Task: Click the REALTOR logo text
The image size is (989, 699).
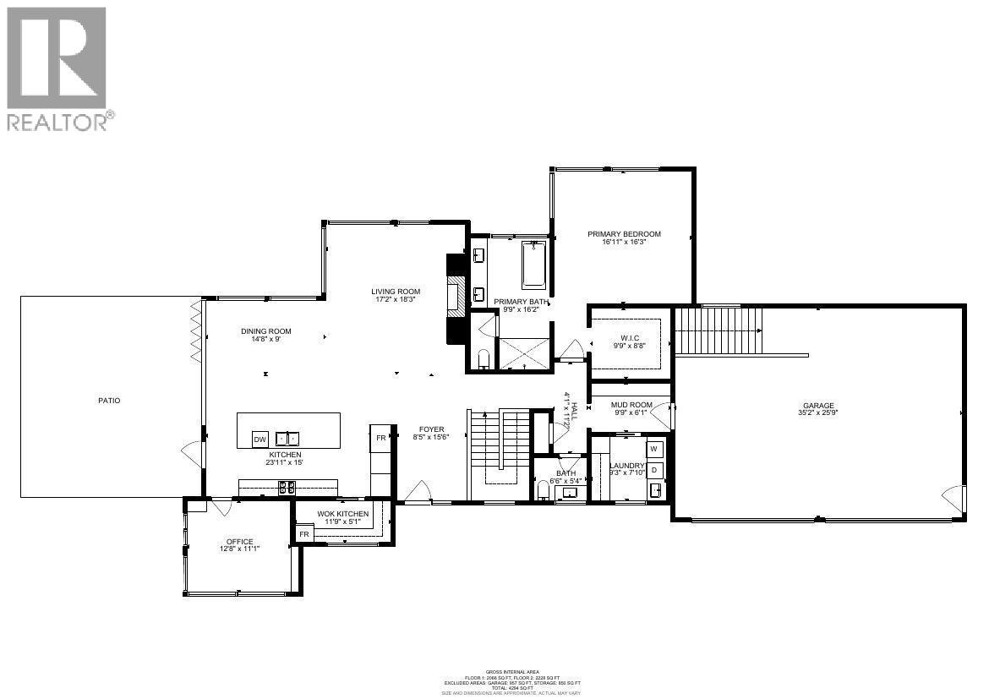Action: tap(57, 122)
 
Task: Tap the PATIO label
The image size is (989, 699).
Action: tap(109, 401)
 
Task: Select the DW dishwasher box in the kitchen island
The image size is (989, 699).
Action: tap(260, 440)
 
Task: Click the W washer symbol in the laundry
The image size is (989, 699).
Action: tap(654, 449)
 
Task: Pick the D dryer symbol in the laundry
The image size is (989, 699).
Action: tap(654, 470)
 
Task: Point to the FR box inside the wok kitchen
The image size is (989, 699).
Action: tap(303, 534)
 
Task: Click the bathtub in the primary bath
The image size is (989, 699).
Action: tap(533, 265)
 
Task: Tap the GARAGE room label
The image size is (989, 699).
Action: tap(818, 405)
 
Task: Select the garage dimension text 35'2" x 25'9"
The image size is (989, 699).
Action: tap(818, 413)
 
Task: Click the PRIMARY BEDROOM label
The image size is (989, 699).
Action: tap(625, 234)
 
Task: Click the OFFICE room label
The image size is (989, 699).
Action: tap(239, 542)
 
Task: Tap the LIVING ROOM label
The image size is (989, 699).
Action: tap(396, 292)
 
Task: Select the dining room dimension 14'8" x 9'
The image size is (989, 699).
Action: tap(266, 340)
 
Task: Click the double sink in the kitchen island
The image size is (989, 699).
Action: tap(287, 439)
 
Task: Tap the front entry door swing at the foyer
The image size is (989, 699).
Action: tap(418, 493)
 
